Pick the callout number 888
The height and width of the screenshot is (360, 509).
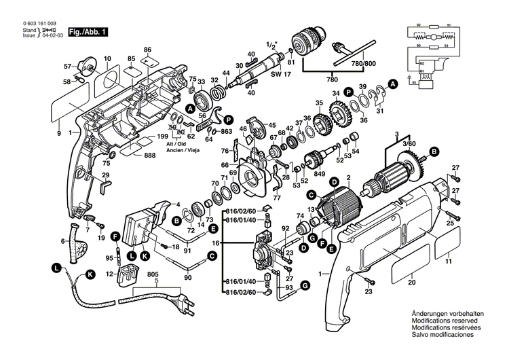point(150,156)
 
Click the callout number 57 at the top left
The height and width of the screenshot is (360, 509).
point(68,66)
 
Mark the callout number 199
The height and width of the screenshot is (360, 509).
point(162,137)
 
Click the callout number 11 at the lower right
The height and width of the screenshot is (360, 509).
point(448,261)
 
